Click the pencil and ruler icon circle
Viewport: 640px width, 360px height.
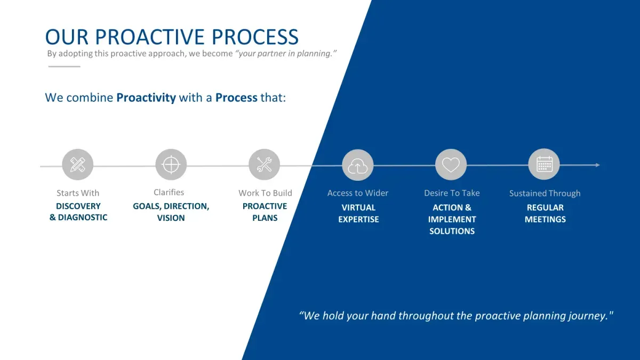[78, 165]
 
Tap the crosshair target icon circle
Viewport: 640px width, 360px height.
[171, 165]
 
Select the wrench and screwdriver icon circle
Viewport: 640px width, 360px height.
[265, 165]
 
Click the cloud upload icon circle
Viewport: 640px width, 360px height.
[358, 165]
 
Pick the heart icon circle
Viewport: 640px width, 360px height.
[451, 165]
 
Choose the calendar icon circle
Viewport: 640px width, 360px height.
[544, 164]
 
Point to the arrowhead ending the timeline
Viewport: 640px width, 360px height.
[598, 165]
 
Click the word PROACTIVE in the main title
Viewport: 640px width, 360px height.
[150, 37]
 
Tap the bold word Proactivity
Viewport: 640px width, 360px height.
[146, 98]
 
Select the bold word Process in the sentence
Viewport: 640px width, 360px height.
[236, 98]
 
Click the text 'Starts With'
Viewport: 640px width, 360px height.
[78, 193]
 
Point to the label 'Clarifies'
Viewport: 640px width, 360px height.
[169, 193]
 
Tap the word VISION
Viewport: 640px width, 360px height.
[171, 218]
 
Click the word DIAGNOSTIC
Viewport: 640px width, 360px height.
[83, 218]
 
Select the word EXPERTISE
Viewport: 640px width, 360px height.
[358, 219]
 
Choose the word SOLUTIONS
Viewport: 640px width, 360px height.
[452, 231]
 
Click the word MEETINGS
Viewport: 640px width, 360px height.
[545, 219]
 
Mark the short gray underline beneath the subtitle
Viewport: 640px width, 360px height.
[65, 67]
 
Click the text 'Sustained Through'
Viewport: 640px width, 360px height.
[545, 194]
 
